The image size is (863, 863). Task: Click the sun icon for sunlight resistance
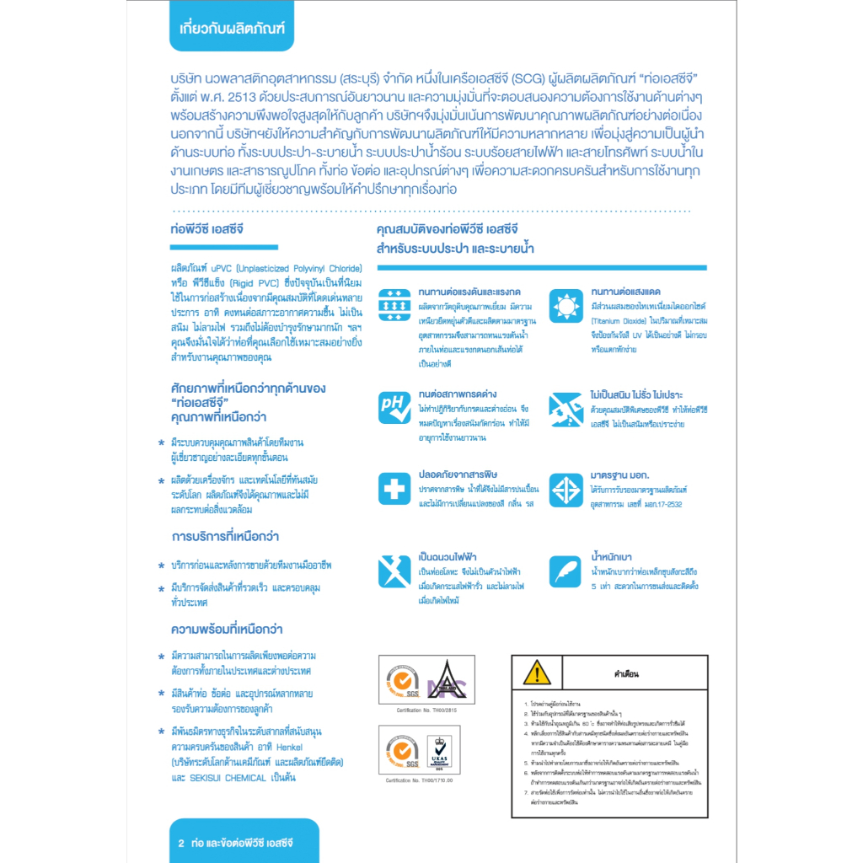coord(566,304)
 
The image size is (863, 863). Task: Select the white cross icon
coord(394,489)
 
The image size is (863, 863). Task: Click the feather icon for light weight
coord(566,571)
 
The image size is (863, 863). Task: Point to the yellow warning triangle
coord(536,673)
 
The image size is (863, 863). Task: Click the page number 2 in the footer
coord(181,843)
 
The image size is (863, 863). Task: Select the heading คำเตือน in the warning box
coord(626,674)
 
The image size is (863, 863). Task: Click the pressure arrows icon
coord(394,304)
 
